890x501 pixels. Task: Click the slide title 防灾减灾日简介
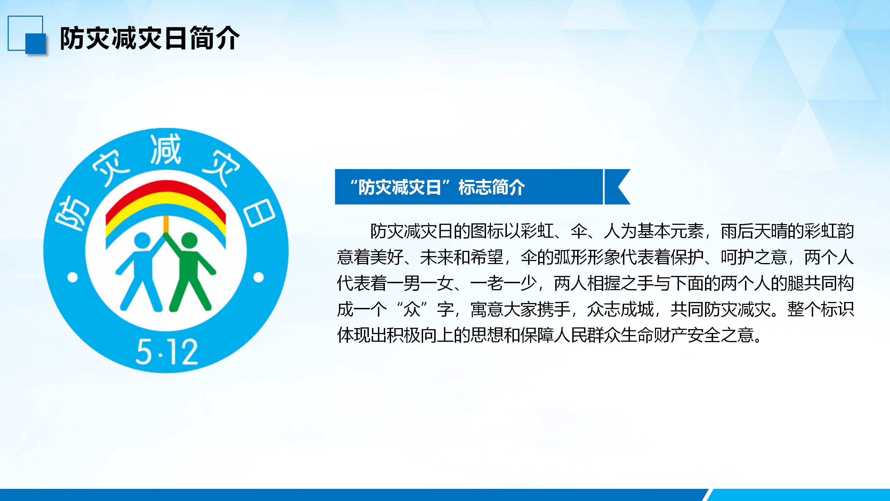[150, 38]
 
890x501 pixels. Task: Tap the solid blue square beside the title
[35, 43]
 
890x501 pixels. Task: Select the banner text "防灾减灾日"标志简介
[437, 187]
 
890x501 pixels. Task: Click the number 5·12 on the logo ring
[167, 352]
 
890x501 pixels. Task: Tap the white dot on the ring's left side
[72, 278]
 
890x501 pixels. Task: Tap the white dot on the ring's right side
[259, 277]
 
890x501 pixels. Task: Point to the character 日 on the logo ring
[259, 213]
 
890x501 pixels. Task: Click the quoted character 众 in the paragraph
[412, 309]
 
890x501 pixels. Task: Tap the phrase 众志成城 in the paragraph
[621, 309]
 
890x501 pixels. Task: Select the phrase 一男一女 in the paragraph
[420, 283]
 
